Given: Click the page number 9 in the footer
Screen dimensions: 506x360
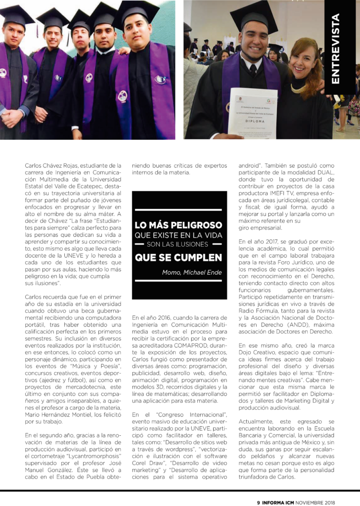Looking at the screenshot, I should click(x=259, y=500).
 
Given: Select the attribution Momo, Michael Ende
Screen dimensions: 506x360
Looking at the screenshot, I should click(x=192, y=272).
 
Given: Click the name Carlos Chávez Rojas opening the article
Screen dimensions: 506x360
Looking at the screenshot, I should click(x=52, y=165).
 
